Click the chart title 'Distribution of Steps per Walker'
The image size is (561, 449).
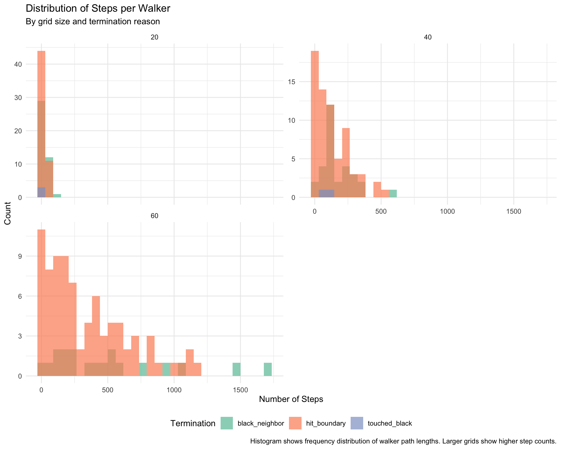[98, 8]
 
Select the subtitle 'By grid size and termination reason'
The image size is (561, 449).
[93, 22]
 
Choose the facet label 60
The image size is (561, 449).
[154, 216]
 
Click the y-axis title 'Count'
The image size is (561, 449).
[8, 213]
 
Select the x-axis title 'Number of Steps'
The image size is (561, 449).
[291, 399]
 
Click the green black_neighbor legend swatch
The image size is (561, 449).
[227, 423]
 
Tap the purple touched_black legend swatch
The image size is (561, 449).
[357, 423]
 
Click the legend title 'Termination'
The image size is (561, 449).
[193, 423]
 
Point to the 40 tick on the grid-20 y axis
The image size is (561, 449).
[18, 64]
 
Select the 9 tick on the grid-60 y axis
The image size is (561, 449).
[20, 256]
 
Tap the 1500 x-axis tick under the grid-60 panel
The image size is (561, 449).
[240, 391]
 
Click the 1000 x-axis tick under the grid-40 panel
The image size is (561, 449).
[447, 212]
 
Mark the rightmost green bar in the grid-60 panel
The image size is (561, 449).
[268, 369]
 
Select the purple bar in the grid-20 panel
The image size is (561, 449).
[41, 192]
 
